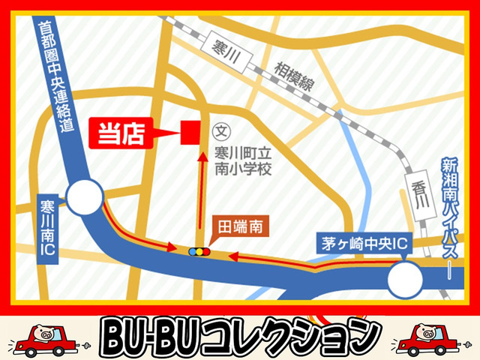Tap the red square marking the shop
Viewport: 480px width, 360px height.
190,133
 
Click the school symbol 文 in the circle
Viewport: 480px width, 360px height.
220,130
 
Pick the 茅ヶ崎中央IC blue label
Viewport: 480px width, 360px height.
359,244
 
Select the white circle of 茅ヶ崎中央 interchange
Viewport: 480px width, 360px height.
406,282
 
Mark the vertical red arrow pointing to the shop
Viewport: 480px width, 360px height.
200,191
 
